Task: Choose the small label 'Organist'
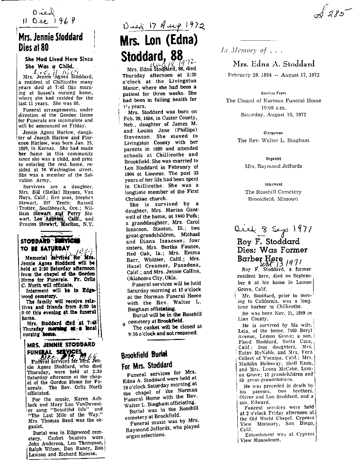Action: (x=273, y=159)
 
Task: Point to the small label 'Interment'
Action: (x=273, y=185)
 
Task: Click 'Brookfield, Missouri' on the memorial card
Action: (x=273, y=199)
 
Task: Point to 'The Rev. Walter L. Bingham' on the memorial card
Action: (x=273, y=141)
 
